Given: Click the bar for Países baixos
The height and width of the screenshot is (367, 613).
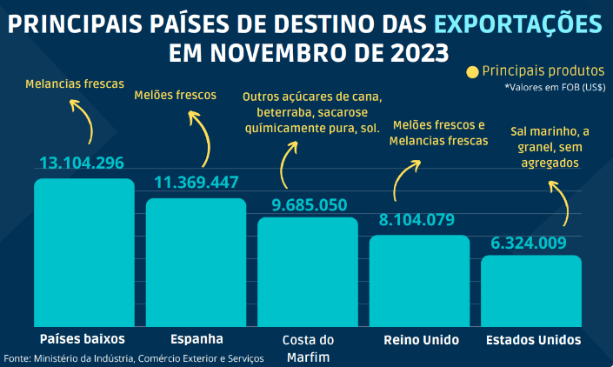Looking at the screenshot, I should click(84, 252).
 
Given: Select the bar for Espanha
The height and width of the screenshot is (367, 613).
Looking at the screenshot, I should click(197, 262).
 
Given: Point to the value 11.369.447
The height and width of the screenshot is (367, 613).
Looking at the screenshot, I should click(196, 183).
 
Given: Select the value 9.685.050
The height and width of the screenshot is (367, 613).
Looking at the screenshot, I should click(309, 205).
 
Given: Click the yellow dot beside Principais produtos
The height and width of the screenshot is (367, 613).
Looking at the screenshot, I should click(472, 72).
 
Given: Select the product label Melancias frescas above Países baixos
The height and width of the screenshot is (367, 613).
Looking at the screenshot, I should click(75, 85).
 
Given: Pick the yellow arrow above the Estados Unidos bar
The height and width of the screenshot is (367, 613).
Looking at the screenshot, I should click(561, 205).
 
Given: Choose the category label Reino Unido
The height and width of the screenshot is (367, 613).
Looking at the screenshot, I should click(420, 339).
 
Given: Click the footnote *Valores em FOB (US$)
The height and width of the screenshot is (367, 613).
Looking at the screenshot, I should click(555, 88).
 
